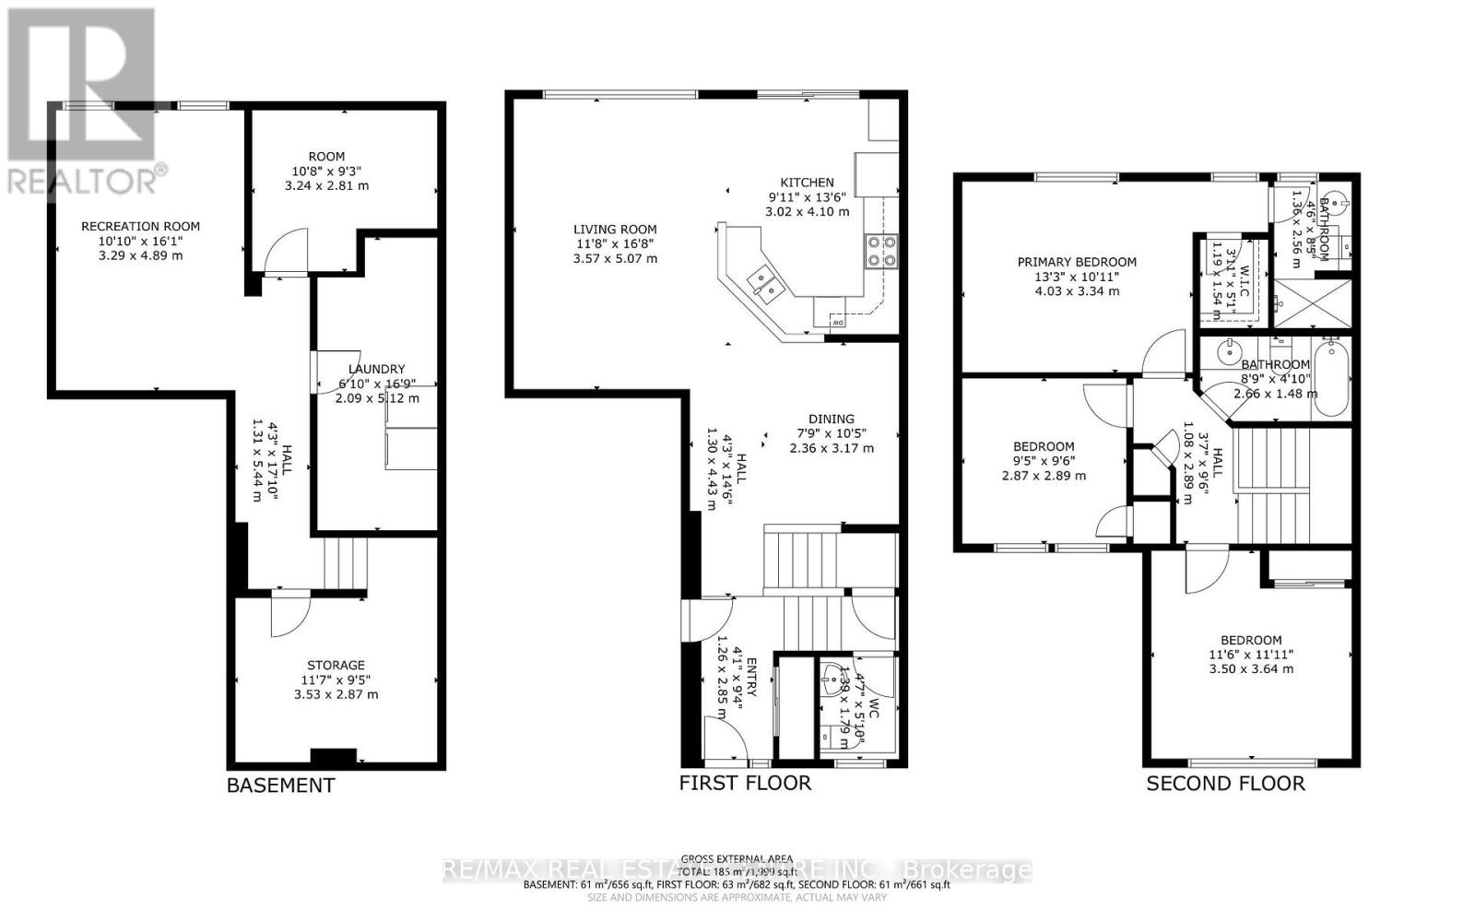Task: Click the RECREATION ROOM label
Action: click(140, 226)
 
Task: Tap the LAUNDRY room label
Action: click(376, 369)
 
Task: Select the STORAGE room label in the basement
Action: click(336, 665)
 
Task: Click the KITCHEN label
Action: click(807, 183)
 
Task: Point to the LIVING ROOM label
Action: click(615, 230)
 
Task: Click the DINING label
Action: click(832, 419)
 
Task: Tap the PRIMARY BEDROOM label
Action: click(1077, 262)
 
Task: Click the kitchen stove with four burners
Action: click(880, 251)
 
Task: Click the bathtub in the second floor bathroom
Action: click(1331, 378)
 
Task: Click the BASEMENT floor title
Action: click(280, 786)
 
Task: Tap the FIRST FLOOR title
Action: click(745, 783)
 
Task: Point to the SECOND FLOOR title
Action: click(1225, 784)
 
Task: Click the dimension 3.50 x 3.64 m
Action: click(1251, 668)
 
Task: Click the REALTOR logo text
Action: click(83, 180)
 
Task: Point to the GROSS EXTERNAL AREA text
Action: click(737, 857)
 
